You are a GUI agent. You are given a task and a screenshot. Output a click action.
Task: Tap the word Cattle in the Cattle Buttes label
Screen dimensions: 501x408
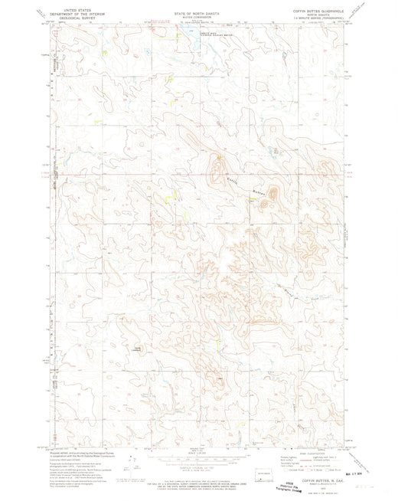coord(234,180)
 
